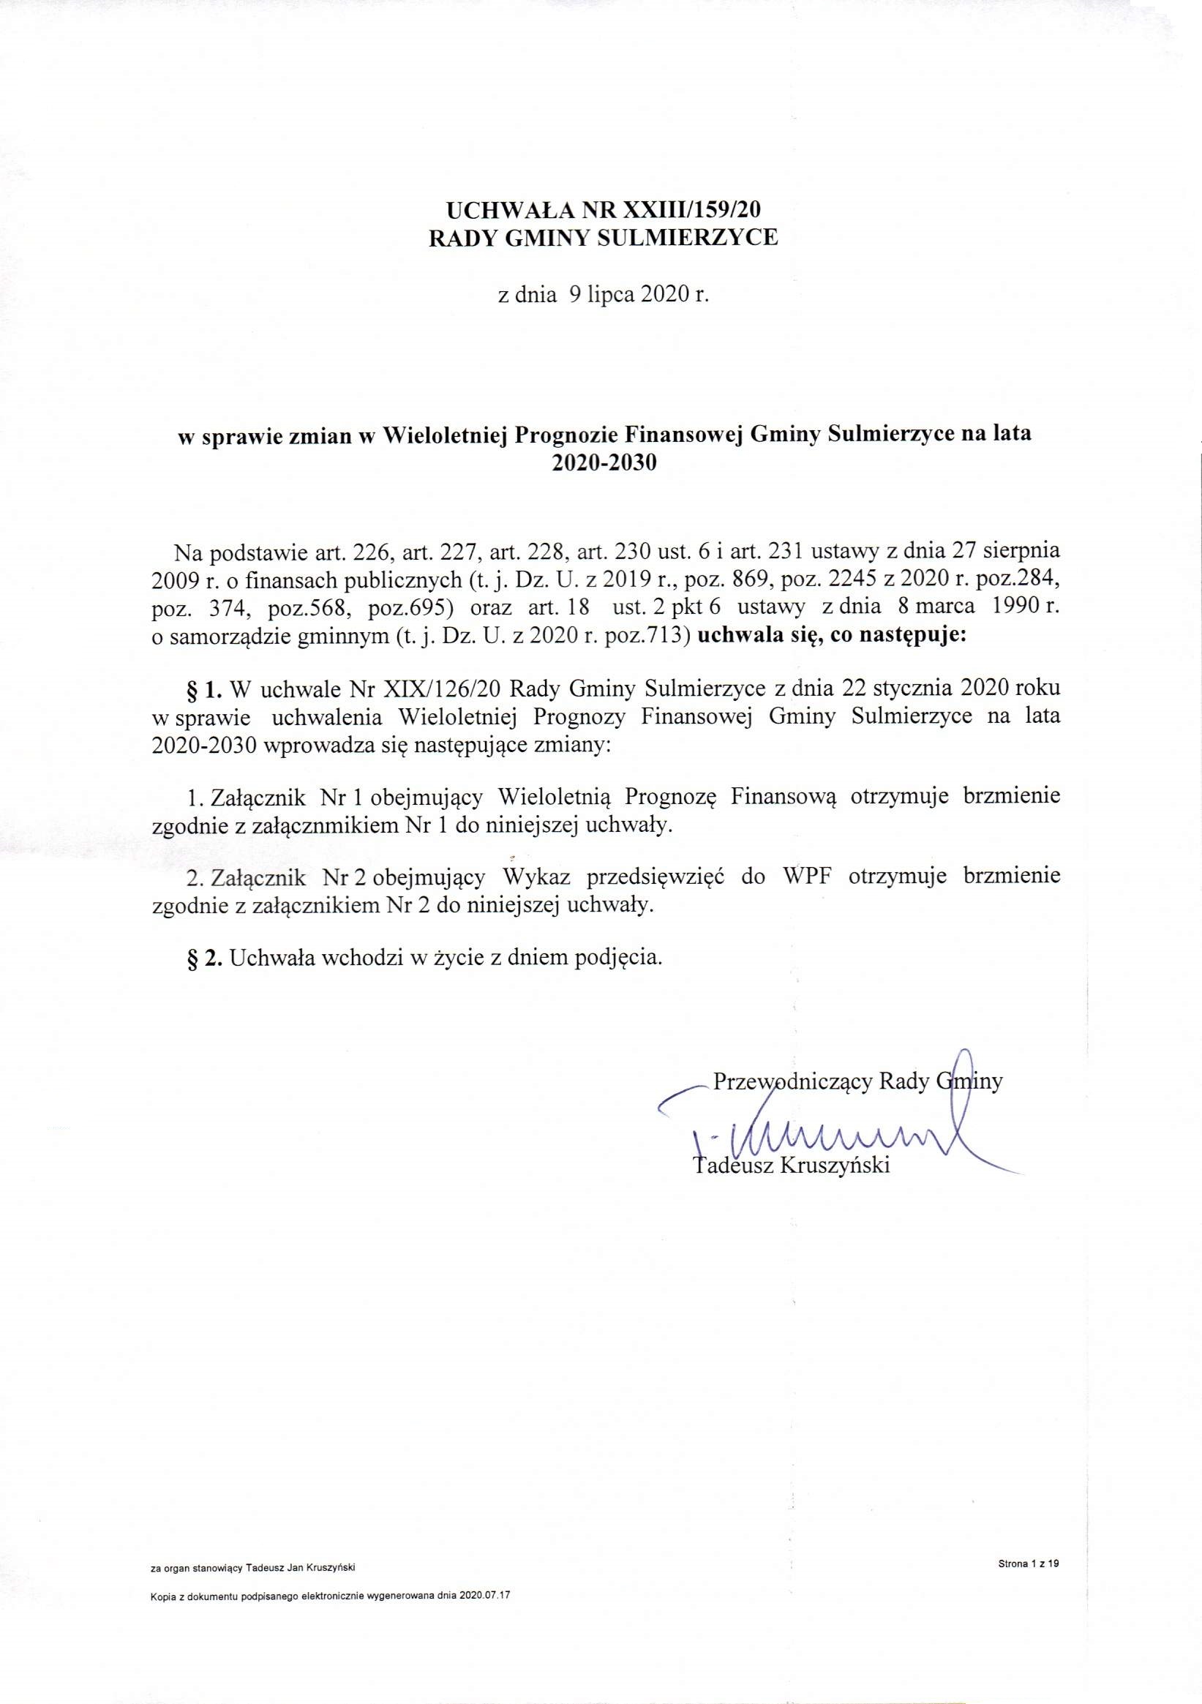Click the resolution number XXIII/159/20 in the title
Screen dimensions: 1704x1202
point(690,209)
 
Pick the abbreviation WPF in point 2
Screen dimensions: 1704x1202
point(805,877)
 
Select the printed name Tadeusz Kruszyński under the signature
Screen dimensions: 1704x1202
point(791,1166)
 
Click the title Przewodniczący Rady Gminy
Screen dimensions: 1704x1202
point(857,1081)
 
